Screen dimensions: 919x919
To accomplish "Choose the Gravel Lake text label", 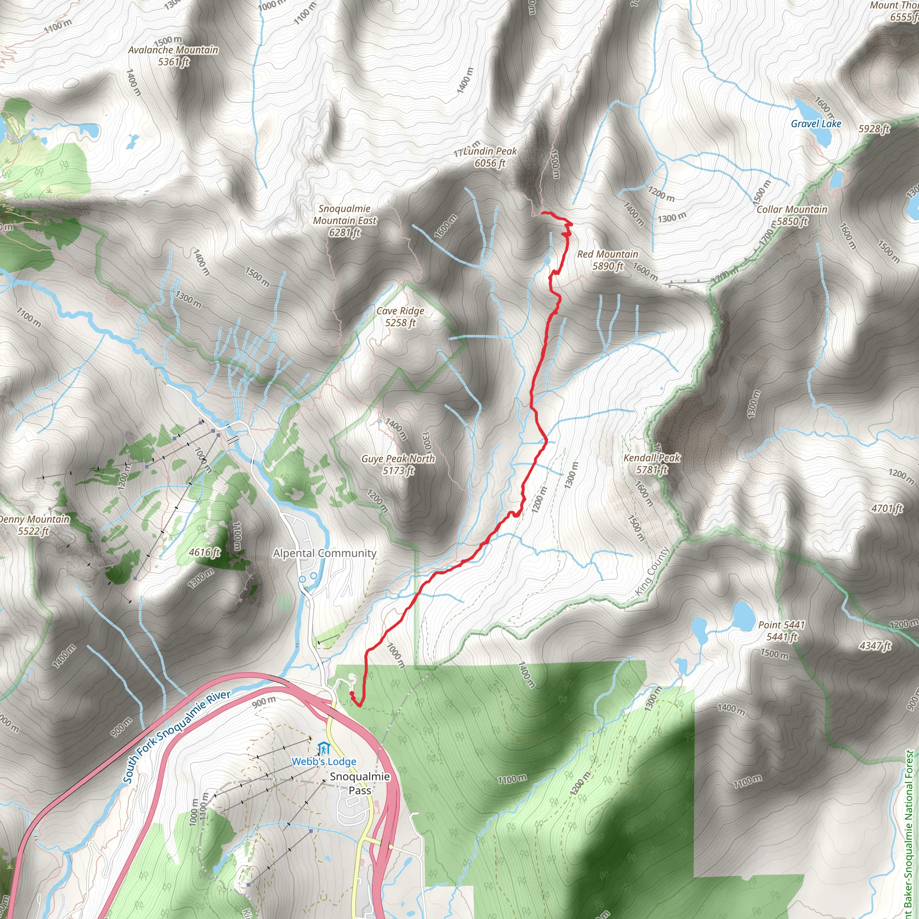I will coord(816,124).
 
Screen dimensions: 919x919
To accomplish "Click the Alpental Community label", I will coord(324,553).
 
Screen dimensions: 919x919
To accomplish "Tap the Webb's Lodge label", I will coord(324,761).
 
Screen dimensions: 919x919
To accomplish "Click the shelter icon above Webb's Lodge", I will coord(324,748).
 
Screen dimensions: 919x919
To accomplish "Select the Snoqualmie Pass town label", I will coord(359,783).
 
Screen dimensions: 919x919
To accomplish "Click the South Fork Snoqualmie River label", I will coord(177,737).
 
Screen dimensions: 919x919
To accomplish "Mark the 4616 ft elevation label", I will coord(205,552).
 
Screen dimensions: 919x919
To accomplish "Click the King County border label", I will coord(652,571).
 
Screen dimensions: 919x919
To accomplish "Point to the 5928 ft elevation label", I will coord(874,129).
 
